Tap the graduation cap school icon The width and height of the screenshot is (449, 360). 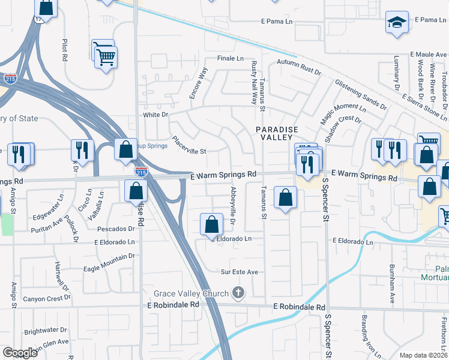click(x=396, y=23)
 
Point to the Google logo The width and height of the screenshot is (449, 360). click(x=20, y=353)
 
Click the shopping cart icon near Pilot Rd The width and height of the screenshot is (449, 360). click(x=106, y=57)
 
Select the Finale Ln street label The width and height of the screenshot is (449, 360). click(x=231, y=59)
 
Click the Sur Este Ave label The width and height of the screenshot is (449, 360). click(x=240, y=272)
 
